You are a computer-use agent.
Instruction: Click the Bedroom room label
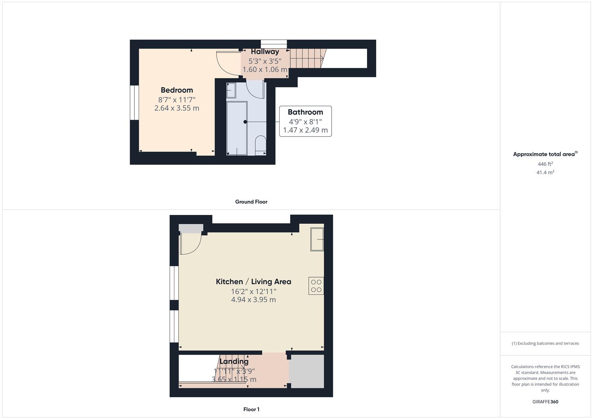[177, 90]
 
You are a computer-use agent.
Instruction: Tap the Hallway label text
[265, 52]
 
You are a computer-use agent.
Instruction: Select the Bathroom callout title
[305, 112]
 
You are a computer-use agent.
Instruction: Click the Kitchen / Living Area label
[253, 282]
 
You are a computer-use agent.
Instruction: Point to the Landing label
[234, 362]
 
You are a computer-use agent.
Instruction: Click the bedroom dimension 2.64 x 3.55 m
[177, 108]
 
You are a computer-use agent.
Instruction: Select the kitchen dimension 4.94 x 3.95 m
[253, 300]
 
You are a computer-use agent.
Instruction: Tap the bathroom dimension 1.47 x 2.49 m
[305, 130]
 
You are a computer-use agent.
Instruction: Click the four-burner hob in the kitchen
[316, 286]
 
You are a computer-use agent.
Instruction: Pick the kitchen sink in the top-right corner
[317, 239]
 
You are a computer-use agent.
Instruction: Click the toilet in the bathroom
[260, 144]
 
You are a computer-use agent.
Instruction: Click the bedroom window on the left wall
[134, 102]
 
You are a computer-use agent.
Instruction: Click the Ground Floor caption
[251, 202]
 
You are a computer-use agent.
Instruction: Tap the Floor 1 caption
[251, 409]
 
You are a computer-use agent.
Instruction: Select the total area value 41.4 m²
[545, 172]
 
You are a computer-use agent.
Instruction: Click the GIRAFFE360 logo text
[545, 402]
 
